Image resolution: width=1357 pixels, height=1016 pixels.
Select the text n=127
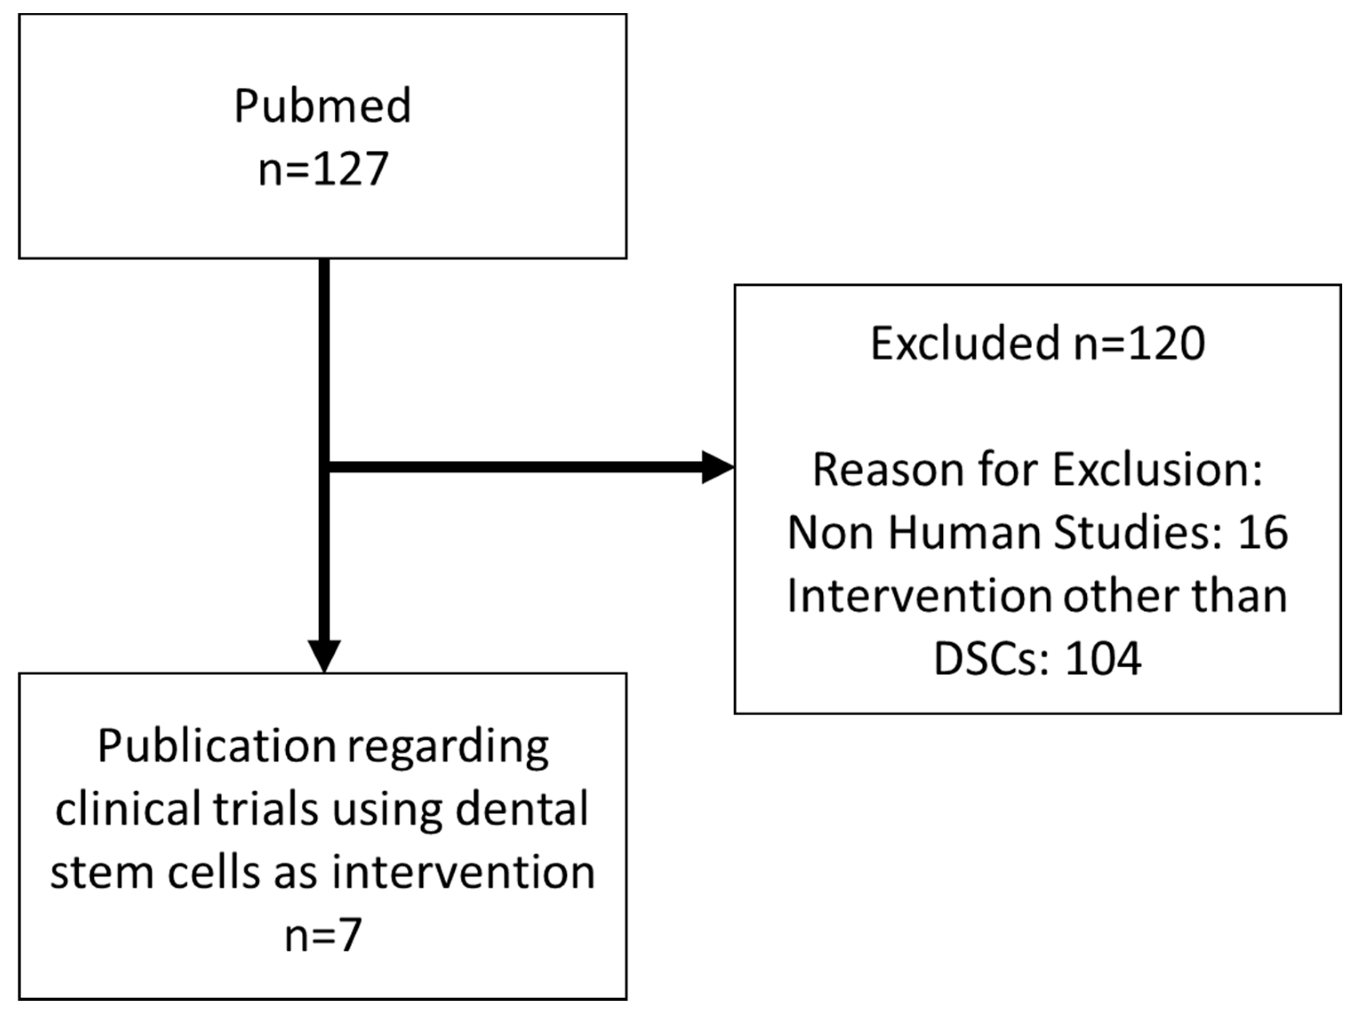coord(323,169)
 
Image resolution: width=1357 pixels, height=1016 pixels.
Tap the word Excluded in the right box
coord(965,343)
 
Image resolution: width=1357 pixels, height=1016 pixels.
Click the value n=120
coord(1139,343)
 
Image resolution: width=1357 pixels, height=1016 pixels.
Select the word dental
coord(521,809)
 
